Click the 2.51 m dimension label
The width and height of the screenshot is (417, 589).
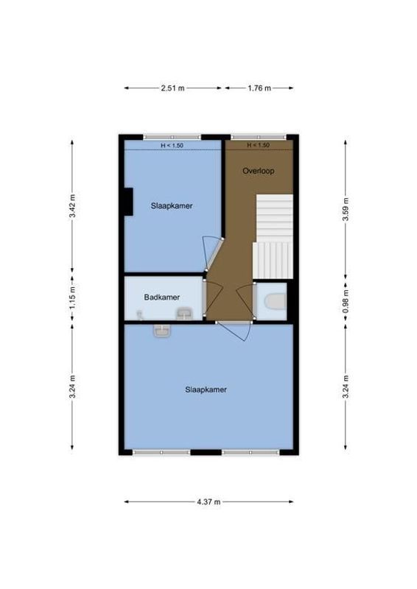pyautogui.click(x=172, y=88)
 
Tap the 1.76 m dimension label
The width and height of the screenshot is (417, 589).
pyautogui.click(x=259, y=88)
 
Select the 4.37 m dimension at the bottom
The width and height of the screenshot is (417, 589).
pyautogui.click(x=208, y=501)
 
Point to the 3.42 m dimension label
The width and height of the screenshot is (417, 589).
pyautogui.click(x=72, y=206)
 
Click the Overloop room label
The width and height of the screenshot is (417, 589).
pyautogui.click(x=259, y=171)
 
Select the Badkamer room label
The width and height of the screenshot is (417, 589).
pyautogui.click(x=161, y=297)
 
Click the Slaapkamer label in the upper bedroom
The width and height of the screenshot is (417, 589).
pyautogui.click(x=172, y=206)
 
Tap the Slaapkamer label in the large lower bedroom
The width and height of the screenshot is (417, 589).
pyautogui.click(x=206, y=389)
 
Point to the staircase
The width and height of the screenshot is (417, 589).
pyautogui.click(x=273, y=236)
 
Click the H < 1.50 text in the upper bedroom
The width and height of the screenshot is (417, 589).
pyautogui.click(x=172, y=145)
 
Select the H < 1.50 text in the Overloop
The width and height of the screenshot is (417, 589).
pyautogui.click(x=259, y=145)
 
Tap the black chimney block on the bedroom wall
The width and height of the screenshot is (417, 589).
pyautogui.click(x=128, y=201)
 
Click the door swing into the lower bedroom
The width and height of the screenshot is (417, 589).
pyautogui.click(x=237, y=332)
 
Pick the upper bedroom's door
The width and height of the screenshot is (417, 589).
pyautogui.click(x=210, y=254)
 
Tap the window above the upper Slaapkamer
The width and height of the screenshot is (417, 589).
pyautogui.click(x=172, y=137)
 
